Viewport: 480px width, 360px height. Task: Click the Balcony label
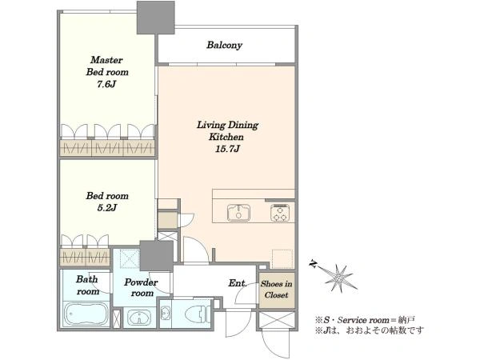point(224,45)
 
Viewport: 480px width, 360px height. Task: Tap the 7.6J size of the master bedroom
point(106,84)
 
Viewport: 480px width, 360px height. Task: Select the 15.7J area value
point(227,149)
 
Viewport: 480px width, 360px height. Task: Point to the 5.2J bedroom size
point(107,208)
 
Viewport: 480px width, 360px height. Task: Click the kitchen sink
point(238,212)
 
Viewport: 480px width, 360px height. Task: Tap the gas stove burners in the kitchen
point(280,213)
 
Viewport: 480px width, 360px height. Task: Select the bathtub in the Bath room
point(86,314)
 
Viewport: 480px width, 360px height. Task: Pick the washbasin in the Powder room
point(139,318)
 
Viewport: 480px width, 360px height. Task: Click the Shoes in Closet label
point(277,290)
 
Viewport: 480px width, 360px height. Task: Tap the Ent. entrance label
point(238,283)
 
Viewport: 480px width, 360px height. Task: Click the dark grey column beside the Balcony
point(155,18)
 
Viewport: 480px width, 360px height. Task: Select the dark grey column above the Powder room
point(157,256)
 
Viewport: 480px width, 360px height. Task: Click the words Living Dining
point(227,126)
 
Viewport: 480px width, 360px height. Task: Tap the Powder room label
point(141,287)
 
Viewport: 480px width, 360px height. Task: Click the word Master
point(106,60)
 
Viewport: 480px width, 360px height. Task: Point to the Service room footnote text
point(365,320)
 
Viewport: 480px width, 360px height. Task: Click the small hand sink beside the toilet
point(166,314)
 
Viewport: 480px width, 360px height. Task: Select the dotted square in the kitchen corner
point(282,259)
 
